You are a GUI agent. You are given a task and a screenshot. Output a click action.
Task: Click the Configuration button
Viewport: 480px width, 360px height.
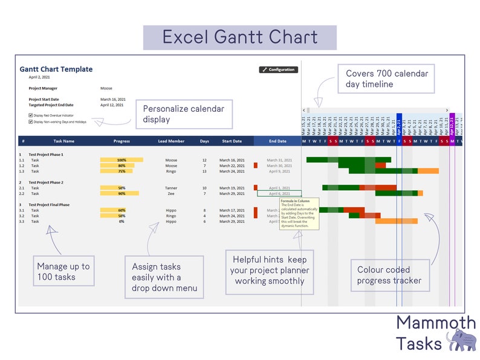tap(278, 70)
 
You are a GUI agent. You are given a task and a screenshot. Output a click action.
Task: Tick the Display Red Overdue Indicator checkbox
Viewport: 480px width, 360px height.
tap(31, 115)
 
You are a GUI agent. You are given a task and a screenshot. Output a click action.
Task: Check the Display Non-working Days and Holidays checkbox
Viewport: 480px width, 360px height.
tap(31, 121)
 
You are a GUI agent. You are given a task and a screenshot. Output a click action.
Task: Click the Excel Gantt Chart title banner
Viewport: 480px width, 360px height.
tap(239, 37)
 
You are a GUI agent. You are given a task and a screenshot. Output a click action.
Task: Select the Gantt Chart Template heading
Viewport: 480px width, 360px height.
tap(56, 69)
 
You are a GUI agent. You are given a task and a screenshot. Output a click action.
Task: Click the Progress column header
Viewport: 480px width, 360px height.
tap(122, 141)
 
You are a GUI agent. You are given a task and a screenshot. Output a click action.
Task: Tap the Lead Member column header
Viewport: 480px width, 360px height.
tap(171, 141)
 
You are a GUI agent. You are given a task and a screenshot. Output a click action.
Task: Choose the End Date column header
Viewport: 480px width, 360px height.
tap(277, 141)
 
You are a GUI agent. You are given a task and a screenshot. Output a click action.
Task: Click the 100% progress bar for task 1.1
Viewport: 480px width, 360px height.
tap(122, 160)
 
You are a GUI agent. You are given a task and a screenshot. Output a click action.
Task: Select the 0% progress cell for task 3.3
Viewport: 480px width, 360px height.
tap(122, 222)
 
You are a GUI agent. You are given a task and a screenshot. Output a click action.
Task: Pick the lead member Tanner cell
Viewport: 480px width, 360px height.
tap(171, 188)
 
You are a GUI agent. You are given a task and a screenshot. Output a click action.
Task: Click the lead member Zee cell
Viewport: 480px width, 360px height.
tap(171, 194)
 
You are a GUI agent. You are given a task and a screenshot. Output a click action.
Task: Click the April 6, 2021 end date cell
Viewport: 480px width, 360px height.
tap(279, 194)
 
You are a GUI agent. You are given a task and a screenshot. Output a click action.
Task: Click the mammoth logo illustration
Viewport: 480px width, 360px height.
tap(460, 339)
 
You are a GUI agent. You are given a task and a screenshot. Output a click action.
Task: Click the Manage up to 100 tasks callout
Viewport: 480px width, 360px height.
tap(63, 272)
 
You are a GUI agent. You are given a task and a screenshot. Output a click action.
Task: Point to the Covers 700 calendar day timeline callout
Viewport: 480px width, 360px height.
tap(386, 79)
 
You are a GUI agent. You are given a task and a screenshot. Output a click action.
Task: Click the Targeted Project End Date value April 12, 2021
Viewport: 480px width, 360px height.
tap(112, 105)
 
